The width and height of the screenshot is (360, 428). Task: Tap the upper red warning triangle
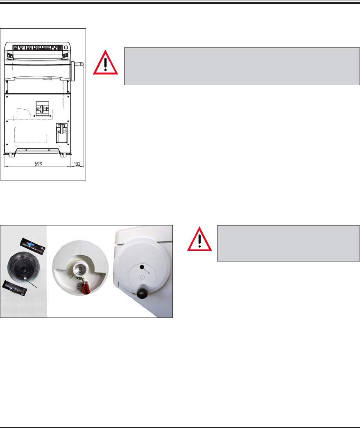[x=106, y=63]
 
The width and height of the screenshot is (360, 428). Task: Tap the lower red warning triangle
[x=200, y=240]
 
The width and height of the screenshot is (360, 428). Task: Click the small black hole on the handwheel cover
[x=142, y=267]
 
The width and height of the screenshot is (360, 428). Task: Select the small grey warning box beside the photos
[x=288, y=243]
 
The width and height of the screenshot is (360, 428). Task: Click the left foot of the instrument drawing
[x=8, y=155]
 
